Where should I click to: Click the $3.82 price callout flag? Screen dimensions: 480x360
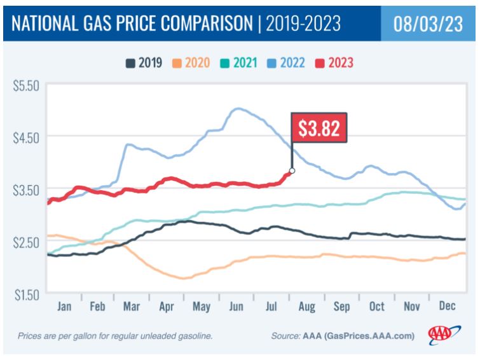point(319,127)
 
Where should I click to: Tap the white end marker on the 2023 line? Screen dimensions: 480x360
point(292,170)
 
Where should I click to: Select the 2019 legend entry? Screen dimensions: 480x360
point(144,63)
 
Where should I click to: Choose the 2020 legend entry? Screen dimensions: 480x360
point(191,63)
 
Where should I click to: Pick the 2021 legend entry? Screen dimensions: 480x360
point(239,63)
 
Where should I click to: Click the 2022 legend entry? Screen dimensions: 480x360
point(286,63)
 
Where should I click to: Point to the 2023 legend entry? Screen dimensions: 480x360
point(334,63)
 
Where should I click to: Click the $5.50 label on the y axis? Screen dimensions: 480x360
point(26,86)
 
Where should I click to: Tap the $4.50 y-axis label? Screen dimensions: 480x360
point(26,138)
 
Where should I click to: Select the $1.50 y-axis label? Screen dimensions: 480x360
point(27,295)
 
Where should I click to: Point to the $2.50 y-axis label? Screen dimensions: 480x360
point(26,243)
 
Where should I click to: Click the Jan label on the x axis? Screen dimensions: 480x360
point(64,306)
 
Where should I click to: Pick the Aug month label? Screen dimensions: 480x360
point(306,307)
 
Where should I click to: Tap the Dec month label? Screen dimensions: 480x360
point(447,305)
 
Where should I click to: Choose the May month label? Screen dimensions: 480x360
point(202,307)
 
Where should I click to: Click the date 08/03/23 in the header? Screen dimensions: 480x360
point(428,24)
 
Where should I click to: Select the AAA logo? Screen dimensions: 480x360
point(444,335)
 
